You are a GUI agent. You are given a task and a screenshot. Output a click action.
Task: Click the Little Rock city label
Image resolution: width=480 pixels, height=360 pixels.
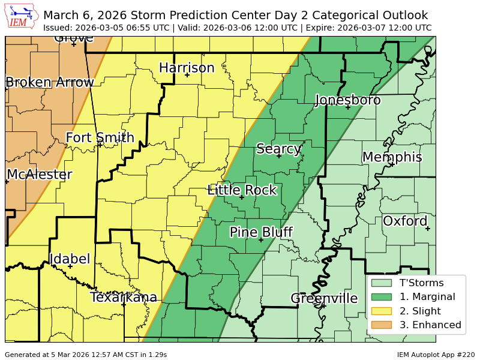[242, 190]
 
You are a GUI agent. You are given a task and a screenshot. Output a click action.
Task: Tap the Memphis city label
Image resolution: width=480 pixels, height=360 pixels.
[392, 157]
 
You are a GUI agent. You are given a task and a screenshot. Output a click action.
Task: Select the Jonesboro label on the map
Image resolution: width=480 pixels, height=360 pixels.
[348, 100]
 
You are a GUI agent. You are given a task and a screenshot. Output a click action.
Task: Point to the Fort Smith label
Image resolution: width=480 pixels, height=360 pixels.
[100, 137]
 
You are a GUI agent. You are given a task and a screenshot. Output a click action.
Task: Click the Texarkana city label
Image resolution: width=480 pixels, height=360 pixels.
[124, 297]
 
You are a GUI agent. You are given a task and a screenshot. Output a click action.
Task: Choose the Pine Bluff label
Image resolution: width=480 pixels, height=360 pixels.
[261, 232]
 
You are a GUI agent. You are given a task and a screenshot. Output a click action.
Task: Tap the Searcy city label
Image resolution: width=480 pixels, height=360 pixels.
[278, 149]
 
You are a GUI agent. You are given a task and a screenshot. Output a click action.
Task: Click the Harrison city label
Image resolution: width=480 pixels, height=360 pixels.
[187, 68]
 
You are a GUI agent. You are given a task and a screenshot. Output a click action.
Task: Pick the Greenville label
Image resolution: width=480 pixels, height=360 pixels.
[324, 298]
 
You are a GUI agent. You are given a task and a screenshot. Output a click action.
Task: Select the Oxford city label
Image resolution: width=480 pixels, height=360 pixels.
[405, 221]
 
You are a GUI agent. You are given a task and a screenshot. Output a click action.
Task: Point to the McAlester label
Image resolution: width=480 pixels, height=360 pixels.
[40, 175]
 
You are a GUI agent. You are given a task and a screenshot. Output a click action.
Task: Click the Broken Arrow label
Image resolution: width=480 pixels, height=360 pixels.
[50, 82]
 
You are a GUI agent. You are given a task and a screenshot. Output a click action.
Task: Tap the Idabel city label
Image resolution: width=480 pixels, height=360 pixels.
[70, 259]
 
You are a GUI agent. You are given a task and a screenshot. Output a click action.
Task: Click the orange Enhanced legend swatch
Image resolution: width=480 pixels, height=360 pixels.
[381, 325]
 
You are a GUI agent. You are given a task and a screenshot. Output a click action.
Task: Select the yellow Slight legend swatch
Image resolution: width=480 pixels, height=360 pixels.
[381, 311]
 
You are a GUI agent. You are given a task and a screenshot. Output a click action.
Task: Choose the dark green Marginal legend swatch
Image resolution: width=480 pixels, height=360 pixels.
[381, 296]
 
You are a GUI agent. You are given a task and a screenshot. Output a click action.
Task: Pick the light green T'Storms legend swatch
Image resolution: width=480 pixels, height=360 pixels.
[381, 283]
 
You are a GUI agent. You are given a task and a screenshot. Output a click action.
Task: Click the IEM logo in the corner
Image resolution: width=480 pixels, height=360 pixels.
[22, 17]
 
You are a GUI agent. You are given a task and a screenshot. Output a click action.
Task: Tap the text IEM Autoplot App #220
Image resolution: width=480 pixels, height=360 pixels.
[436, 355]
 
